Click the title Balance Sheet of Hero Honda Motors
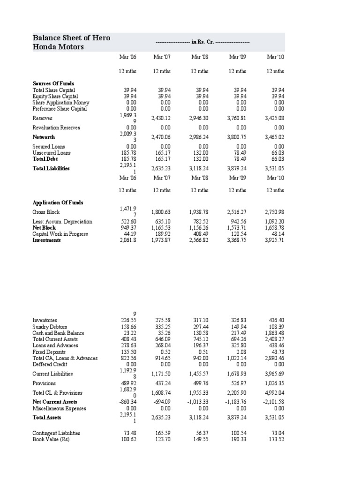71,42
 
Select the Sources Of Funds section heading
53,83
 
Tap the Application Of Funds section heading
58,202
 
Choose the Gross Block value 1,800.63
161,212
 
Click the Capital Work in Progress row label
60,234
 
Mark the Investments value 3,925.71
274,240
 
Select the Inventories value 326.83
239,321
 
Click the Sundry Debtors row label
50,327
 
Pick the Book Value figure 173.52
276,439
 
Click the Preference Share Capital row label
60,108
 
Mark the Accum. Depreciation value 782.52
201,222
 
